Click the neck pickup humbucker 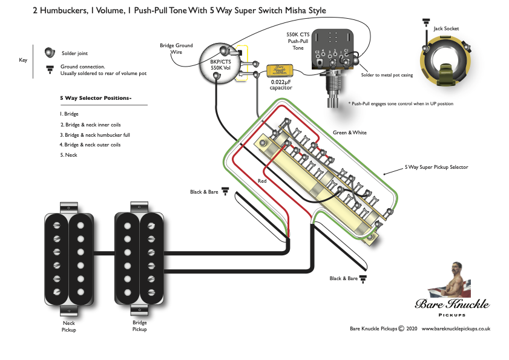[69, 259]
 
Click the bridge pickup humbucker [140, 259]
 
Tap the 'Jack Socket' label [446, 28]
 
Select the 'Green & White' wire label [349, 133]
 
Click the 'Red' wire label [262, 181]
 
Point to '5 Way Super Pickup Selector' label [436, 167]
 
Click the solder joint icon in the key [51, 53]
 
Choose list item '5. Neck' [69, 155]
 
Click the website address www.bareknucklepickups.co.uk [455, 329]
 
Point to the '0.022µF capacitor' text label [281, 85]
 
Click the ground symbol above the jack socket [426, 24]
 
